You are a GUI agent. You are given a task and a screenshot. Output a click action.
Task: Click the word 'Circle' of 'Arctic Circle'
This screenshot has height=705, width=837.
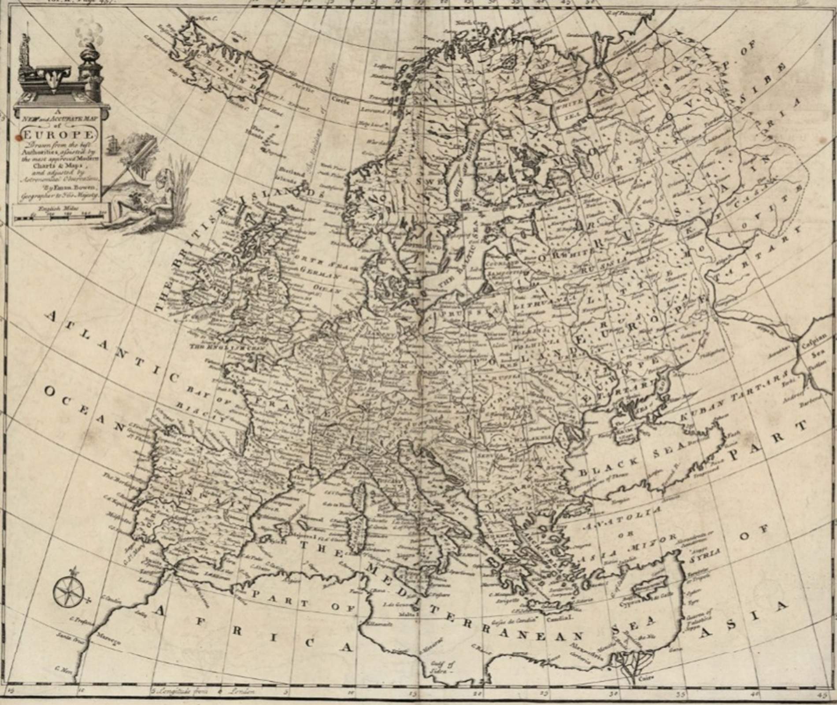[x=339, y=100]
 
